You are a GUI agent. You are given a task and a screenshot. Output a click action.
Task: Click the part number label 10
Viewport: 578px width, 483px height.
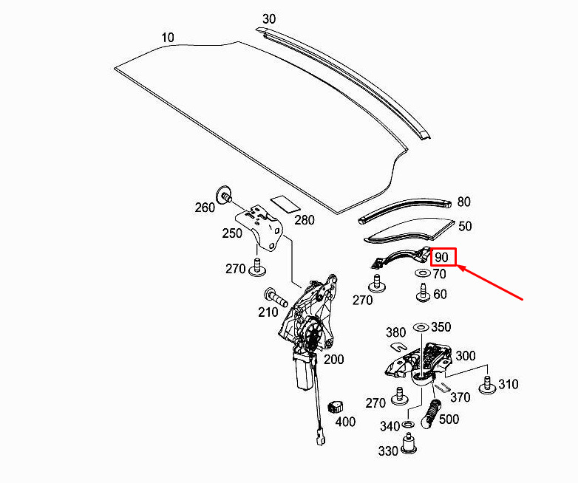pos(168,38)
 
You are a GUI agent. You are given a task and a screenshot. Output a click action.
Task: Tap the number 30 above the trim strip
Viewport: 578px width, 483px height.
pos(269,19)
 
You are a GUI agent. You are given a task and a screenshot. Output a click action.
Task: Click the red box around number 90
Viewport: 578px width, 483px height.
pos(443,257)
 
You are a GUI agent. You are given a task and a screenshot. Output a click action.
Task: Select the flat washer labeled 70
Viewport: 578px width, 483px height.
pos(423,273)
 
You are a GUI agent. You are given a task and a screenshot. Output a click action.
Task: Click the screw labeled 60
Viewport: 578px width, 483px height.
pos(423,292)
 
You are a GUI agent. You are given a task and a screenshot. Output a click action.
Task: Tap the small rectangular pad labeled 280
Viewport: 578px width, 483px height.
pos(285,204)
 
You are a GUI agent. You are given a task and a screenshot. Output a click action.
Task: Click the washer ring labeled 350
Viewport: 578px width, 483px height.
pos(421,327)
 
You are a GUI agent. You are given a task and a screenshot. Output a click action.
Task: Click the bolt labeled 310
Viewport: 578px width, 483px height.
pos(487,385)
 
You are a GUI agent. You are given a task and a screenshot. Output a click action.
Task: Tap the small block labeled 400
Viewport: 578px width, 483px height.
pos(335,407)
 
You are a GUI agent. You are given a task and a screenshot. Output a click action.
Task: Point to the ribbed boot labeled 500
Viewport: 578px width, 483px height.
pos(432,414)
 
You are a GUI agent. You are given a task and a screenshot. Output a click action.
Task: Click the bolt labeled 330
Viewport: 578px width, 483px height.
pos(409,444)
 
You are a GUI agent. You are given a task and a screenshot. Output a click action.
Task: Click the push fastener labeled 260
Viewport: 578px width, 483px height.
pos(224,194)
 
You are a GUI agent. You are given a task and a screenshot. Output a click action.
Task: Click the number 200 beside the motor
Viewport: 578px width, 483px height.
pos(334,359)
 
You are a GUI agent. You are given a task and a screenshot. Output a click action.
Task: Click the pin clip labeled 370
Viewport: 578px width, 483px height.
pos(441,387)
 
